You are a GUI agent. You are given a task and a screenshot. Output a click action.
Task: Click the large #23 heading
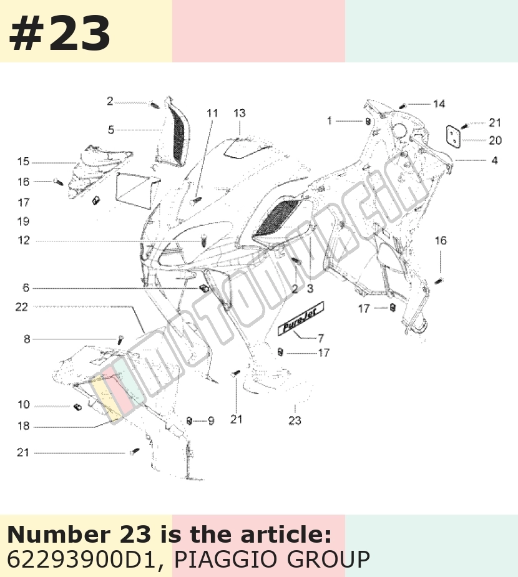coord(59,34)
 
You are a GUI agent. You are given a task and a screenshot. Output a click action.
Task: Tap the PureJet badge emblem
coord(301,319)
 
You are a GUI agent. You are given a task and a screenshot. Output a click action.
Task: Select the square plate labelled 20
coord(453,135)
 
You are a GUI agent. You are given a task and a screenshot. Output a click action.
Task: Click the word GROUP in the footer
coord(328,560)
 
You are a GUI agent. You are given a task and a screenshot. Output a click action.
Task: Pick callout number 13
coord(239,113)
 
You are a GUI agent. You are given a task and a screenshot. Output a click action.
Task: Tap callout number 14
coord(439,104)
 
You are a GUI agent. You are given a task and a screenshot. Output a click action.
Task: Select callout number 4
coord(495,160)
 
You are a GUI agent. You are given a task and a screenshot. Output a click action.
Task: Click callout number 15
coord(23,162)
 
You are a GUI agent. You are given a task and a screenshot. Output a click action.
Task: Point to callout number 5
coord(111,130)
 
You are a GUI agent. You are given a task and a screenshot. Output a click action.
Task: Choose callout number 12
coord(24,240)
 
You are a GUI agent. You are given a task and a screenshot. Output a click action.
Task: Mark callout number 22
coord(21,307)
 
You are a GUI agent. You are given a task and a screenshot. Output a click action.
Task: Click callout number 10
coord(24,404)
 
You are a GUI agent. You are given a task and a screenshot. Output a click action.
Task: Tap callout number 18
coord(24,426)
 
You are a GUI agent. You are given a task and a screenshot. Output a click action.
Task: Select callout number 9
coord(211,420)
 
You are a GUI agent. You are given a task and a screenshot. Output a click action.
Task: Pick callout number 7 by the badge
coord(321,338)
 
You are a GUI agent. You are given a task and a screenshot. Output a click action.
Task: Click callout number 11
coord(212,113)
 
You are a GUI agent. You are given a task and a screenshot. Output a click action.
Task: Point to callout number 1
coord(330,120)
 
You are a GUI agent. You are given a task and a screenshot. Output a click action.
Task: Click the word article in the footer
coord(287,535)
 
